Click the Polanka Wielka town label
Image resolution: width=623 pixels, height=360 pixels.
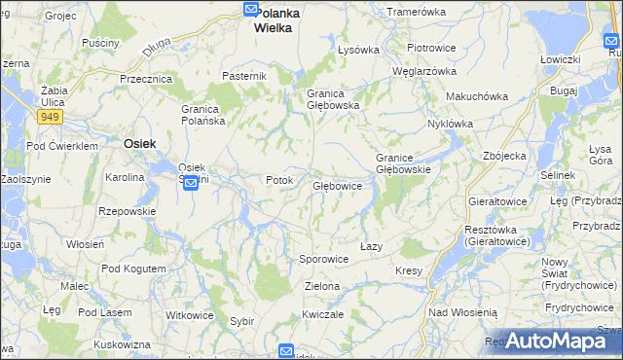(274, 21)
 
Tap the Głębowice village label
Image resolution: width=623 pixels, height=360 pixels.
(337, 185)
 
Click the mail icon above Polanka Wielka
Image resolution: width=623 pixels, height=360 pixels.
(250, 10)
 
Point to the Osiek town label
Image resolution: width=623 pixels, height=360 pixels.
(140, 143)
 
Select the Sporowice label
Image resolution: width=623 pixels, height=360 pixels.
(323, 260)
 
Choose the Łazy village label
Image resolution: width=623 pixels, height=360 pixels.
(371, 246)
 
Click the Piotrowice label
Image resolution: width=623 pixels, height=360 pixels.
(431, 48)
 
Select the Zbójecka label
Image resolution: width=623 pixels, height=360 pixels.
(504, 156)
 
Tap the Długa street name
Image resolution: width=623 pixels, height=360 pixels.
(155, 47)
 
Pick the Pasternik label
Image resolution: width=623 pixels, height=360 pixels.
(244, 76)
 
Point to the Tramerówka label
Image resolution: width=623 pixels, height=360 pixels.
(416, 12)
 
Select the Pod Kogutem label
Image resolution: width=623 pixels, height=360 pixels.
(128, 269)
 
